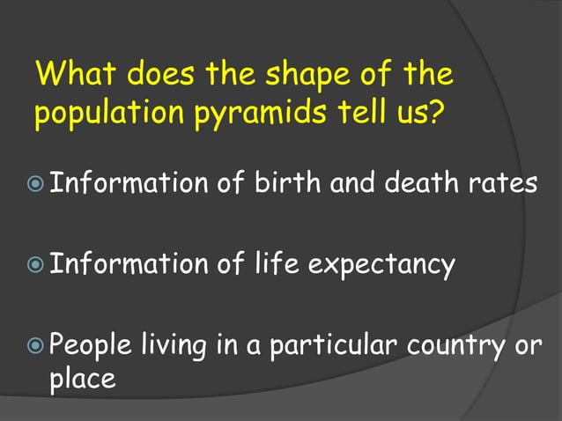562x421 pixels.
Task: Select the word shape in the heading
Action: click(x=302, y=75)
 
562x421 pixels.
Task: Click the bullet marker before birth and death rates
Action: click(x=36, y=186)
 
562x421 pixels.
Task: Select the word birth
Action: click(x=285, y=184)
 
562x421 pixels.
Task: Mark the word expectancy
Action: click(x=382, y=265)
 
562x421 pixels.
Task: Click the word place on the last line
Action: click(x=82, y=380)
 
